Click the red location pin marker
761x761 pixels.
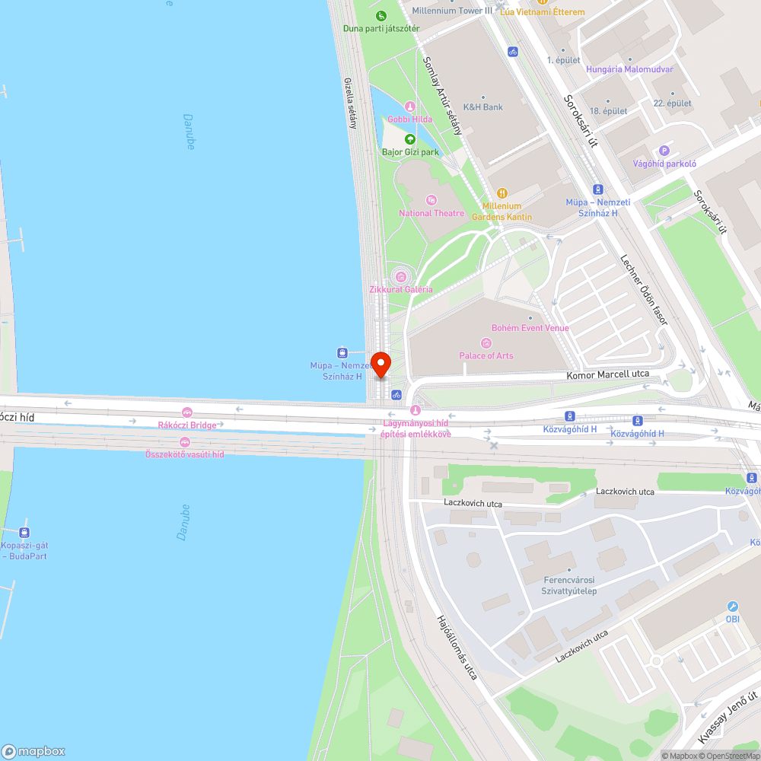click(x=380, y=364)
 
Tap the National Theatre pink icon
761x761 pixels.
click(x=431, y=200)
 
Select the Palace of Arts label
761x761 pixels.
click(x=486, y=355)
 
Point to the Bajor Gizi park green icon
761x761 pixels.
click(x=410, y=139)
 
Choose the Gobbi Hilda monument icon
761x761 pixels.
click(x=410, y=107)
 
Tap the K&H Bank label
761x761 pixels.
click(x=483, y=107)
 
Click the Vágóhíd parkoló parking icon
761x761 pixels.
click(x=664, y=151)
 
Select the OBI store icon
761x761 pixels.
click(x=732, y=607)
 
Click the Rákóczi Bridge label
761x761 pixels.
click(x=187, y=425)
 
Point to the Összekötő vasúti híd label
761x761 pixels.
click(x=185, y=454)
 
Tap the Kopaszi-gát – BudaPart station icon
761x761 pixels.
click(x=24, y=533)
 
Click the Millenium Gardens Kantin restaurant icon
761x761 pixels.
click(x=501, y=193)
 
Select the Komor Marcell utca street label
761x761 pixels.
click(x=608, y=374)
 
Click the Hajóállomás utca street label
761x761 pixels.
click(x=457, y=648)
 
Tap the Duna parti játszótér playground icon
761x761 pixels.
click(x=380, y=16)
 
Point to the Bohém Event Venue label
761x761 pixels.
click(x=530, y=328)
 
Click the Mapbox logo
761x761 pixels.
click(x=33, y=750)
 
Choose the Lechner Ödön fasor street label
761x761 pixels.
click(x=644, y=289)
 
